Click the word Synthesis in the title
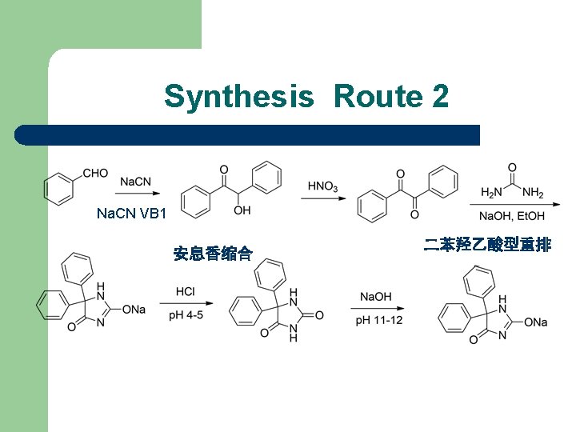click(238, 97)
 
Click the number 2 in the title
click(439, 97)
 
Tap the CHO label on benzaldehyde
click(95, 172)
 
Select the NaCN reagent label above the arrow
click(135, 182)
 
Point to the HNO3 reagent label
click(322, 186)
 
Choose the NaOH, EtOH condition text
click(513, 216)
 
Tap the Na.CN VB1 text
click(131, 214)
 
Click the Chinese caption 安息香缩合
click(213, 254)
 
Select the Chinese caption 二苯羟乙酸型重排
click(487, 245)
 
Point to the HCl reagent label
click(186, 291)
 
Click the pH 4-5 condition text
click(186, 315)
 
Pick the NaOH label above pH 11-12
click(375, 297)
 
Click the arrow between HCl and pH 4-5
click(186, 303)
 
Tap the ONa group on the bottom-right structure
click(535, 322)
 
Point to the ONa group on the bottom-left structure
click(133, 310)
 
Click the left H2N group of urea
click(489, 193)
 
